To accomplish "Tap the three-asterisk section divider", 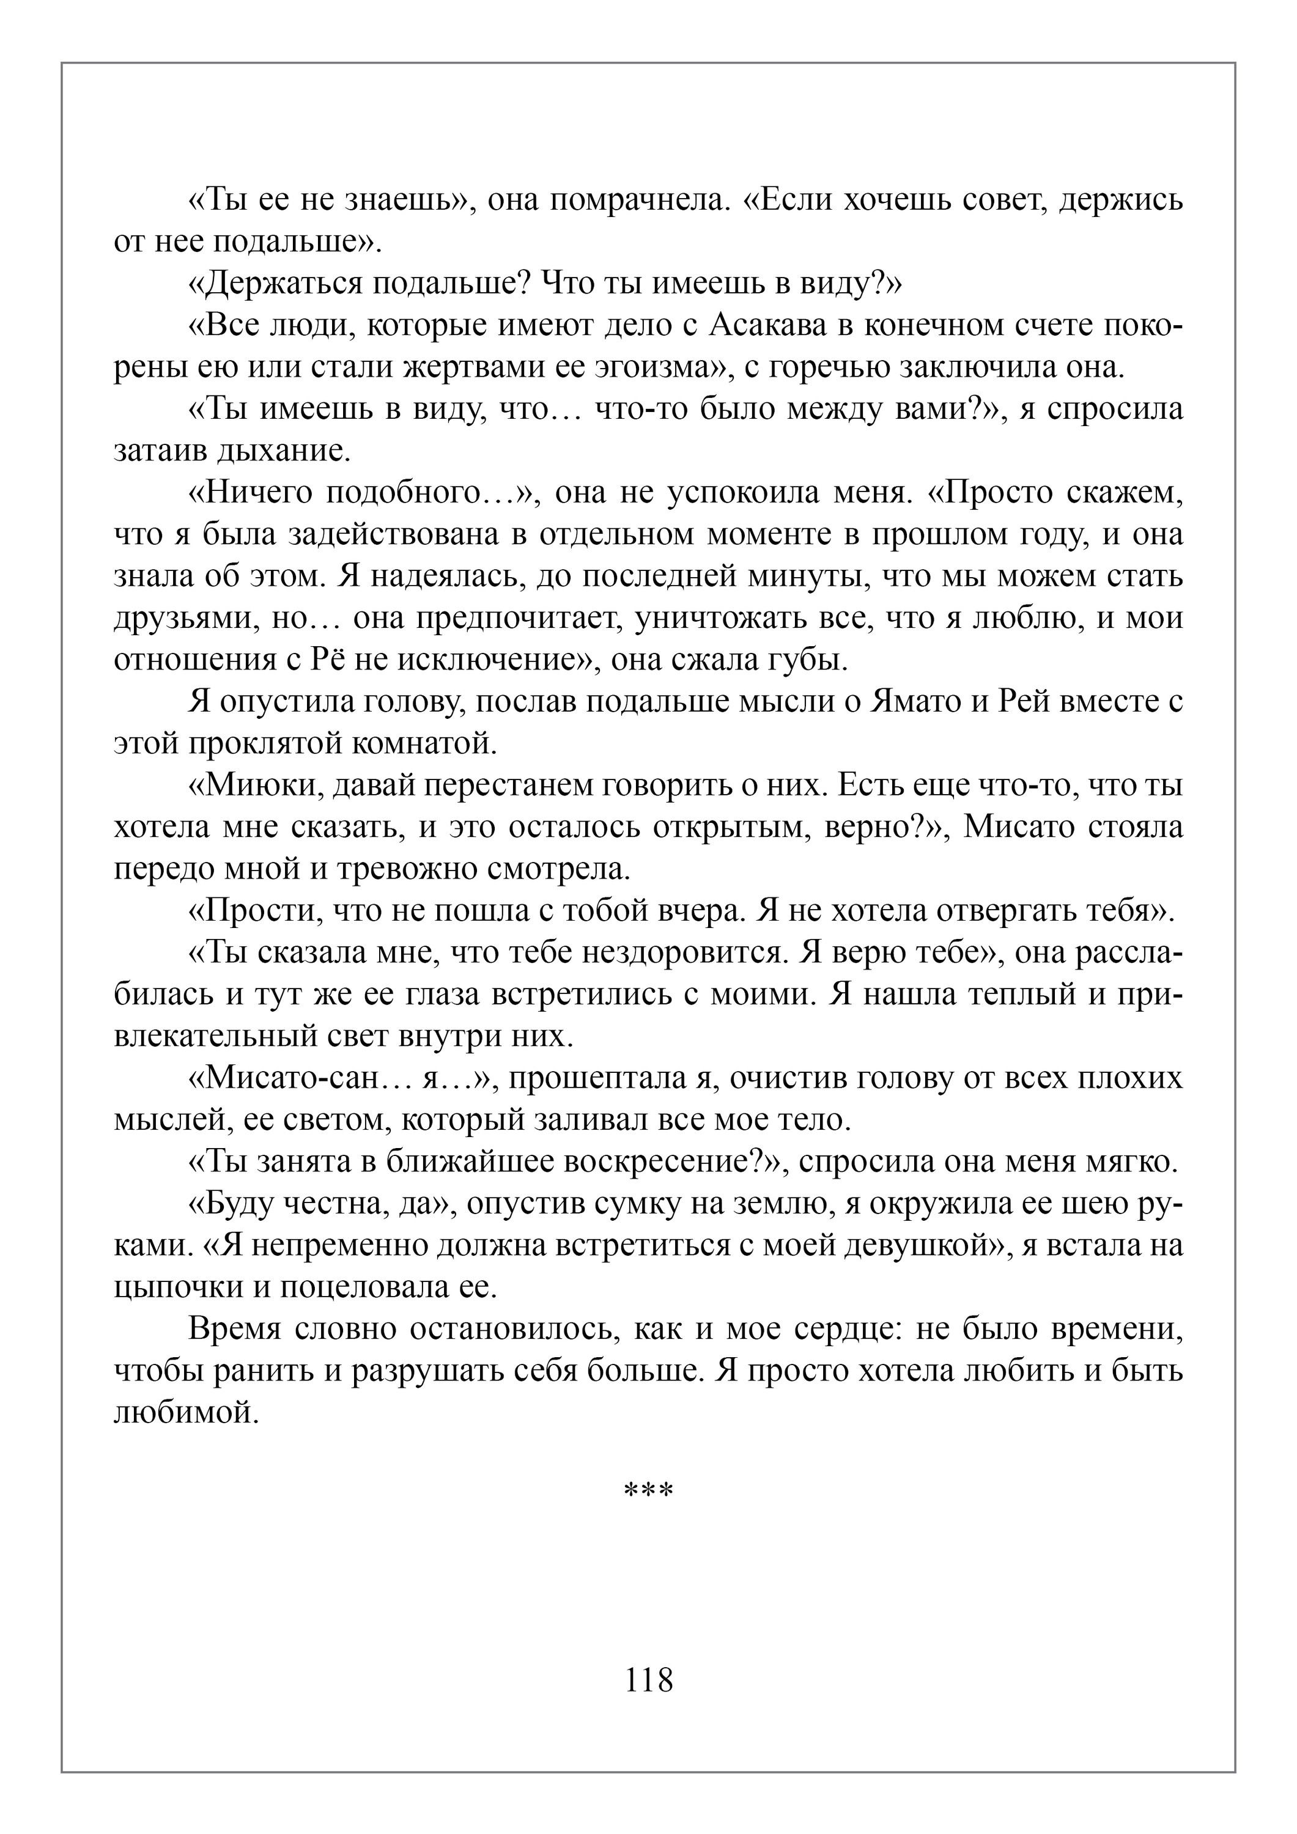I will (648, 1490).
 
